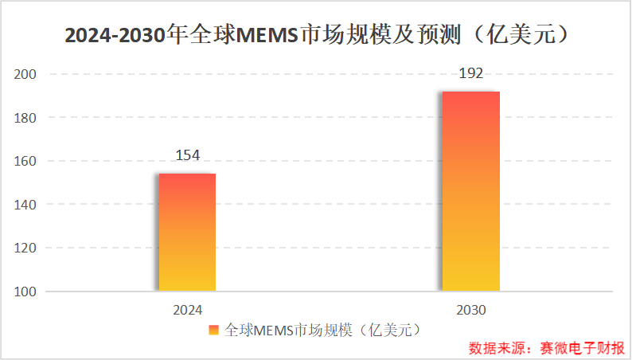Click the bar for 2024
pyautogui.click(x=187, y=232)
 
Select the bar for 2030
pyautogui.click(x=471, y=191)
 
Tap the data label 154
pyautogui.click(x=187, y=155)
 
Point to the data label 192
pyautogui.click(x=471, y=73)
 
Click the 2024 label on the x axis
pyautogui.click(x=187, y=310)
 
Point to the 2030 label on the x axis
pyautogui.click(x=471, y=310)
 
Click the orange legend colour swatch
pyautogui.click(x=214, y=330)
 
